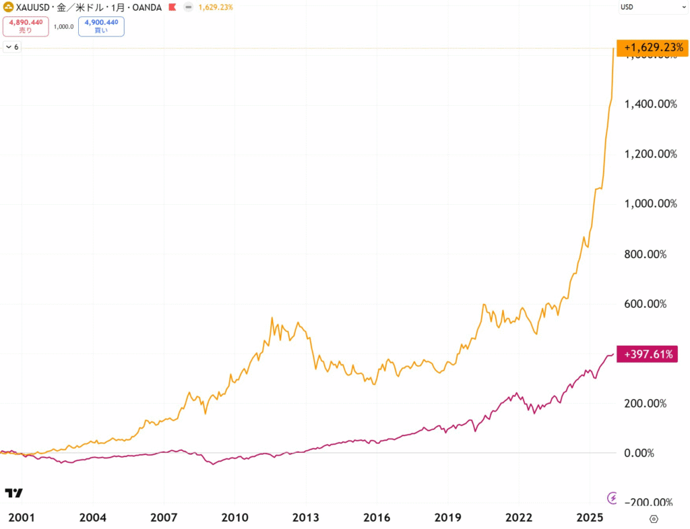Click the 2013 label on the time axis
click(305, 518)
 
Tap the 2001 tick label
click(20, 518)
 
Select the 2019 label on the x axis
click(447, 518)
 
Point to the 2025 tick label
click(590, 518)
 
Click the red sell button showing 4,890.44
click(26, 26)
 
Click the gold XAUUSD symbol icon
click(9, 7)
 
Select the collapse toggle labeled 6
click(12, 47)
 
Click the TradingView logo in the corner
click(13, 493)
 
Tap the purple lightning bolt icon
click(612, 498)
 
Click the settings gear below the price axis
click(653, 518)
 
